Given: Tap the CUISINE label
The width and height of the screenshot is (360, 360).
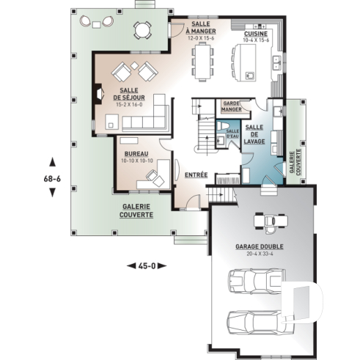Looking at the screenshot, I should [256, 34].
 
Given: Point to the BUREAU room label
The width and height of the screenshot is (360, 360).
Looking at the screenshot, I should [136, 155].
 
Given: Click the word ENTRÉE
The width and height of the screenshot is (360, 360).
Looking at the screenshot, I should [195, 175].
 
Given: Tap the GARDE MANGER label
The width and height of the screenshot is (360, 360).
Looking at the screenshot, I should [232, 107].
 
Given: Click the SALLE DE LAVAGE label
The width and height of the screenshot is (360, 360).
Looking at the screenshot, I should [255, 134].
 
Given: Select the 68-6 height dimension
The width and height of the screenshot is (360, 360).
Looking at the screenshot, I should [51, 177].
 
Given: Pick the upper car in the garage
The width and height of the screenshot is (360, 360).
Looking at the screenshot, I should [255, 280].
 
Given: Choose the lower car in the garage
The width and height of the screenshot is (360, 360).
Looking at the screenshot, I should [254, 321].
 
